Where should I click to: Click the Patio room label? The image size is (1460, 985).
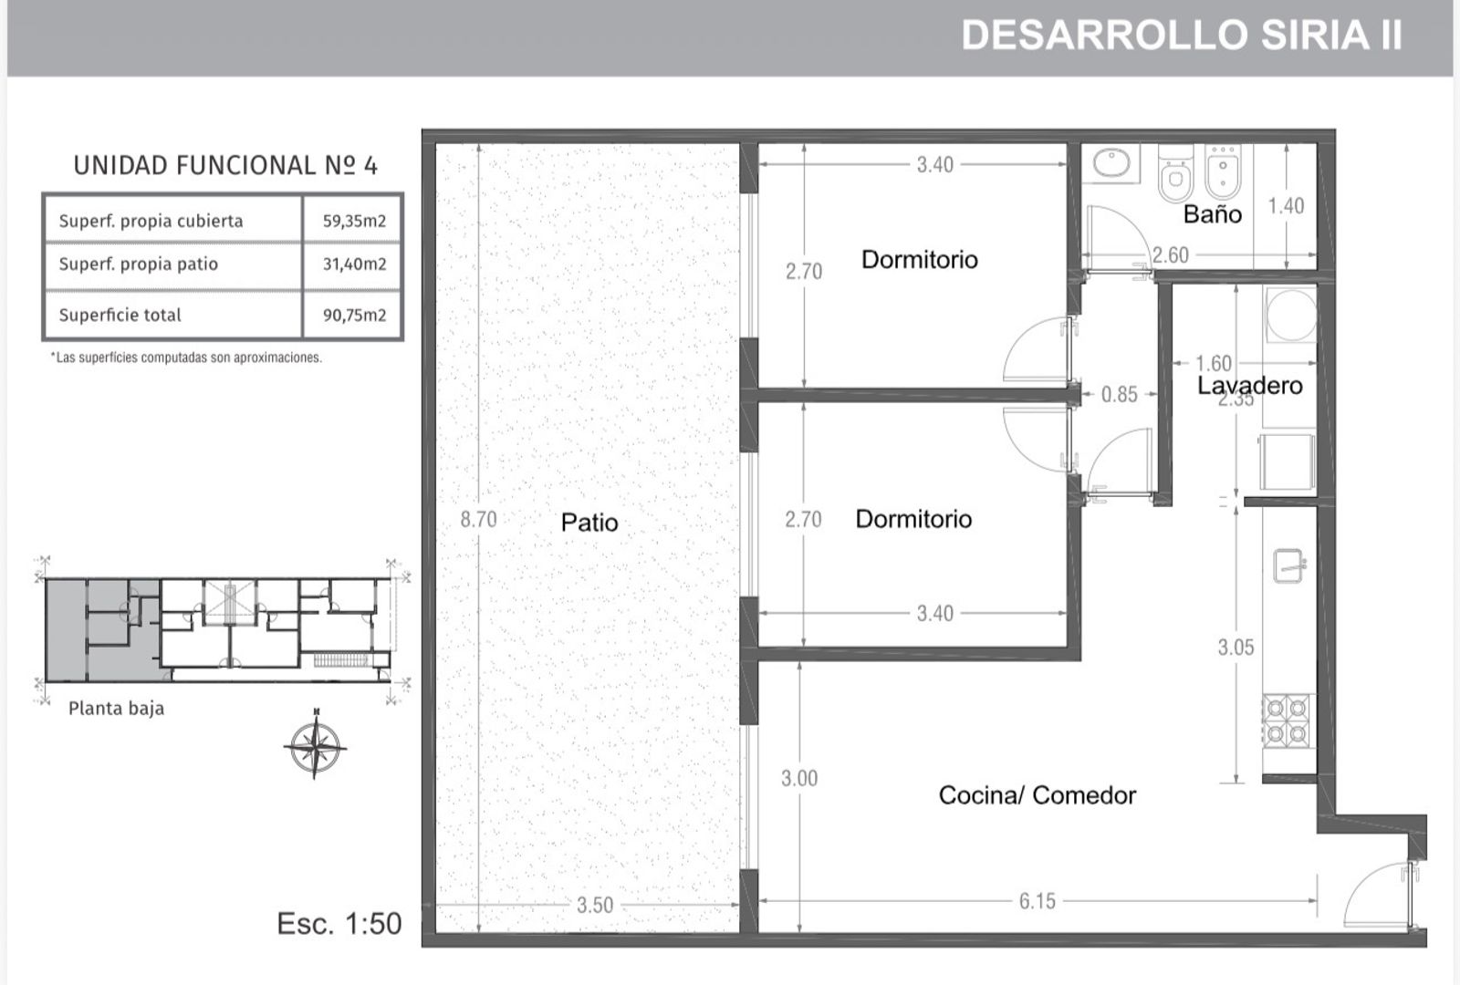pos(589,522)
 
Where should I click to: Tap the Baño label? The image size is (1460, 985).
pos(1213,213)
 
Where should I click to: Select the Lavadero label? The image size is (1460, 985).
pos(1249,386)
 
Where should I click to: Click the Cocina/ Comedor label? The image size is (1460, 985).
pos(1037,794)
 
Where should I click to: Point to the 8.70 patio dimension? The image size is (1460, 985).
pos(478,519)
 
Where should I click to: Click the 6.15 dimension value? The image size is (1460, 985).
pos(1037,901)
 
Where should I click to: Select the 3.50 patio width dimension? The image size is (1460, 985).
pos(594,905)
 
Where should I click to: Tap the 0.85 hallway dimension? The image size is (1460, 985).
pos(1119,394)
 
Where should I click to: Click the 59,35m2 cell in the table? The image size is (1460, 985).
pos(354,221)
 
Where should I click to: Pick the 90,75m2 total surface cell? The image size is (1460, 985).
pos(354,316)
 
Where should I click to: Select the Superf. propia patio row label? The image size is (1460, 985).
pos(138,264)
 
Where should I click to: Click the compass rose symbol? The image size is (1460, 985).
pos(316,744)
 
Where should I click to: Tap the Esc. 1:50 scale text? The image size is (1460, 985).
pos(339,923)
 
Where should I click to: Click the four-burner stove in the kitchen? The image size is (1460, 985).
pos(1288,721)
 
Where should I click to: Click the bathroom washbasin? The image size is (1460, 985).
pos(1111,163)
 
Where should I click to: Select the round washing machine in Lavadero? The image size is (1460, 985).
pos(1290,315)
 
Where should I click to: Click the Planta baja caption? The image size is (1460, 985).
pos(116,708)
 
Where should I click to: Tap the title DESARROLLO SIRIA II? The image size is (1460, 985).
pos(1181,36)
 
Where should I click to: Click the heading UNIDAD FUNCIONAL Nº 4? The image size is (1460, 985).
pos(224,165)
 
